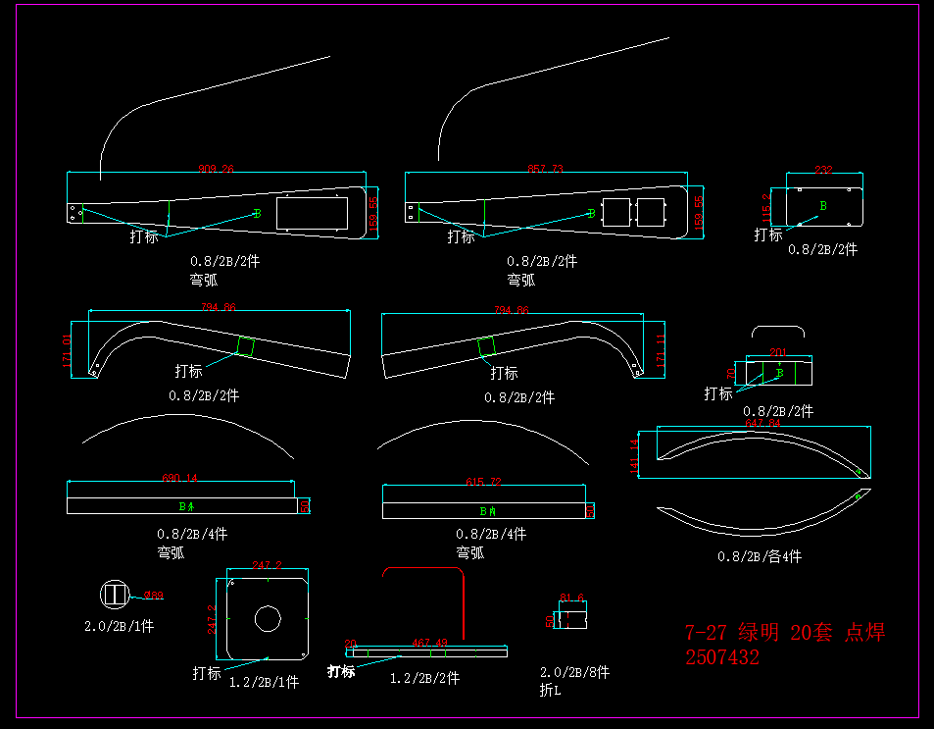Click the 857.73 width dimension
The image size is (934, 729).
[545, 169]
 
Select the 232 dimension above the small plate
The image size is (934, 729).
[824, 170]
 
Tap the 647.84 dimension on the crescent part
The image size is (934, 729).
[762, 424]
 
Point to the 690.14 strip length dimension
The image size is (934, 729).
[180, 479]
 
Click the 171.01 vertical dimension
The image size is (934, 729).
[67, 350]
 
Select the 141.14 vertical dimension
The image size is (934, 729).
[635, 455]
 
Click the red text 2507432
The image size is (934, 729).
[722, 658]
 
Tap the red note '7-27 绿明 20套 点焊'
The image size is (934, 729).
[784, 633]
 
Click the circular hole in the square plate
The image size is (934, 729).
[268, 619]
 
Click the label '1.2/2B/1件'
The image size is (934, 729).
[264, 681]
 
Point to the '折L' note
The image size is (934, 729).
[551, 691]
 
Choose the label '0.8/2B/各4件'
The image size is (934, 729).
[760, 556]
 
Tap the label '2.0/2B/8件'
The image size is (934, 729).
[574, 673]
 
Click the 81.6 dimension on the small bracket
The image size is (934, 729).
[571, 598]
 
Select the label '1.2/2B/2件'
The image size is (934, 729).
[425, 678]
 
